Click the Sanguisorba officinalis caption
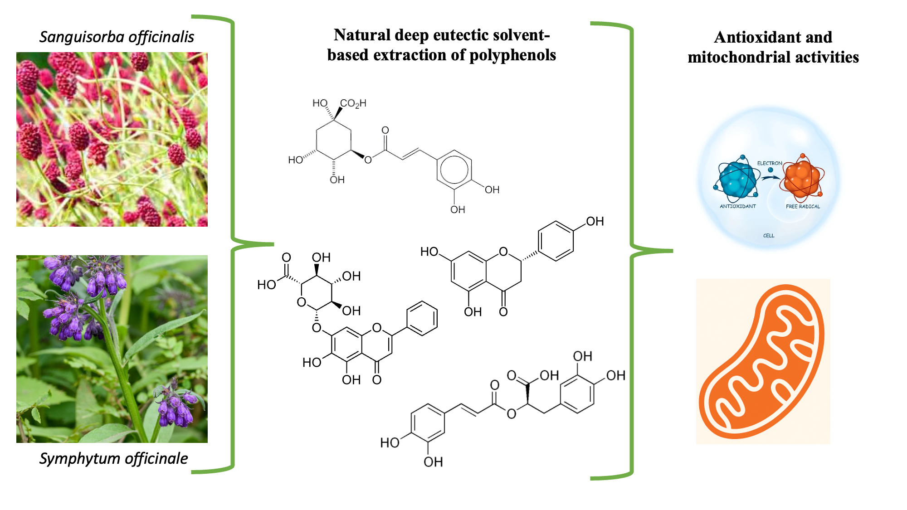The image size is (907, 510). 117,37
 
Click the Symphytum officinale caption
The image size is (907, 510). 113,458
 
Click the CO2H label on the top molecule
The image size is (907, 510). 353,103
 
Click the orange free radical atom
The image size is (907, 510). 802,178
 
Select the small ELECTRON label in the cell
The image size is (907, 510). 770,163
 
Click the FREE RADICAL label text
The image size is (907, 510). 803,206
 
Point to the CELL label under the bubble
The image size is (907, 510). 769,236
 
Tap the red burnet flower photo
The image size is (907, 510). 112,139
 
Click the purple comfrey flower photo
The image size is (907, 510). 112,349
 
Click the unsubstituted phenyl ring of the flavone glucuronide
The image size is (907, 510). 422,318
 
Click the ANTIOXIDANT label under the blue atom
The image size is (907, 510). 738,206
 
